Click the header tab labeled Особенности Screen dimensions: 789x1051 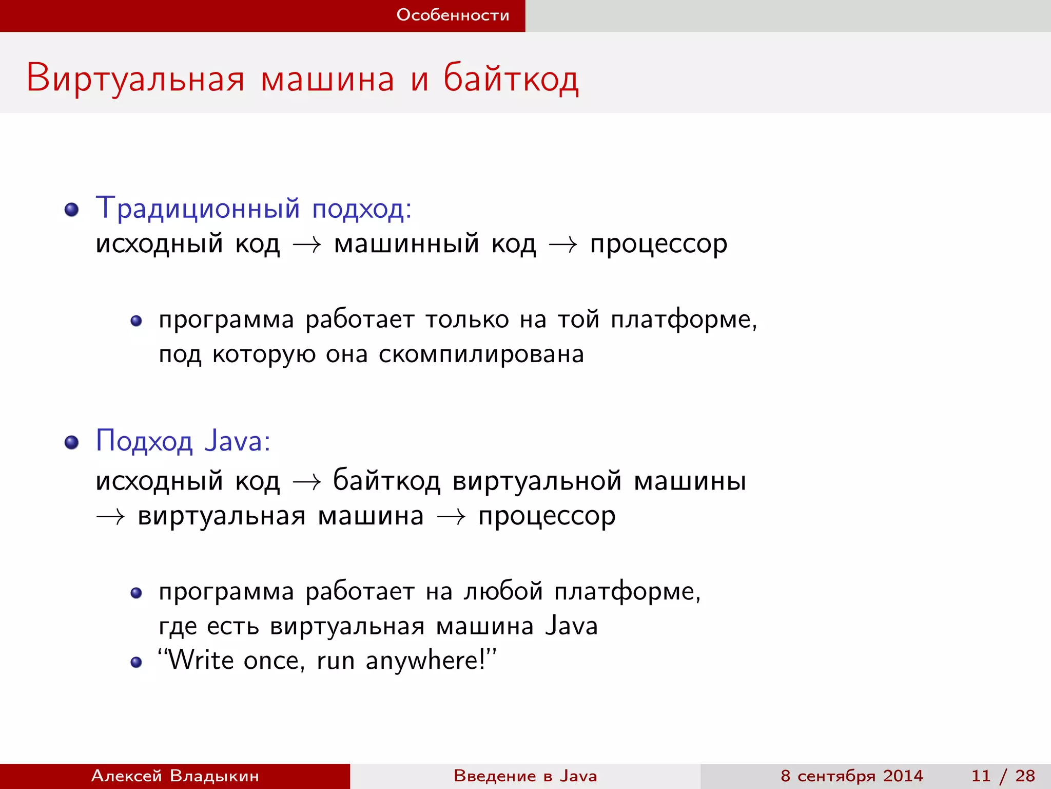pyautogui.click(x=453, y=15)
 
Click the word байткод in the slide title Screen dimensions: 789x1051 pyautogui.click(x=511, y=79)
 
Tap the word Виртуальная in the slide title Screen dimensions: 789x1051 pyautogui.click(x=135, y=79)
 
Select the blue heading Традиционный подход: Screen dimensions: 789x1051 pyautogui.click(x=254, y=209)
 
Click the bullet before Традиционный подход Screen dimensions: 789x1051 pyautogui.click(x=71, y=210)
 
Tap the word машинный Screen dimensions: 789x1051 pyautogui.click(x=406, y=243)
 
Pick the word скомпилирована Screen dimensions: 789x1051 pyautogui.click(x=481, y=354)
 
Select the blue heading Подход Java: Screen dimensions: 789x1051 pyautogui.click(x=183, y=441)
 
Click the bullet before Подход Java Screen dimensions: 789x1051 pyautogui.click(x=71, y=442)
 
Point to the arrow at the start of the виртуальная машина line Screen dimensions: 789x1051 pyautogui.click(x=110, y=517)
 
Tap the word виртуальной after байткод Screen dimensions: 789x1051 pyautogui.click(x=537, y=481)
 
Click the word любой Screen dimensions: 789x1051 pyautogui.click(x=503, y=591)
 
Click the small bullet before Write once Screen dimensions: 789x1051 pyautogui.click(x=136, y=662)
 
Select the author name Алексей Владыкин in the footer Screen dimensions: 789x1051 pyautogui.click(x=175, y=776)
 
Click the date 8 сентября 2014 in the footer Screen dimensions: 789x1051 pyautogui.click(x=851, y=776)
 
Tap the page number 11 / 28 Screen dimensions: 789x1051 pyautogui.click(x=1003, y=776)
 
